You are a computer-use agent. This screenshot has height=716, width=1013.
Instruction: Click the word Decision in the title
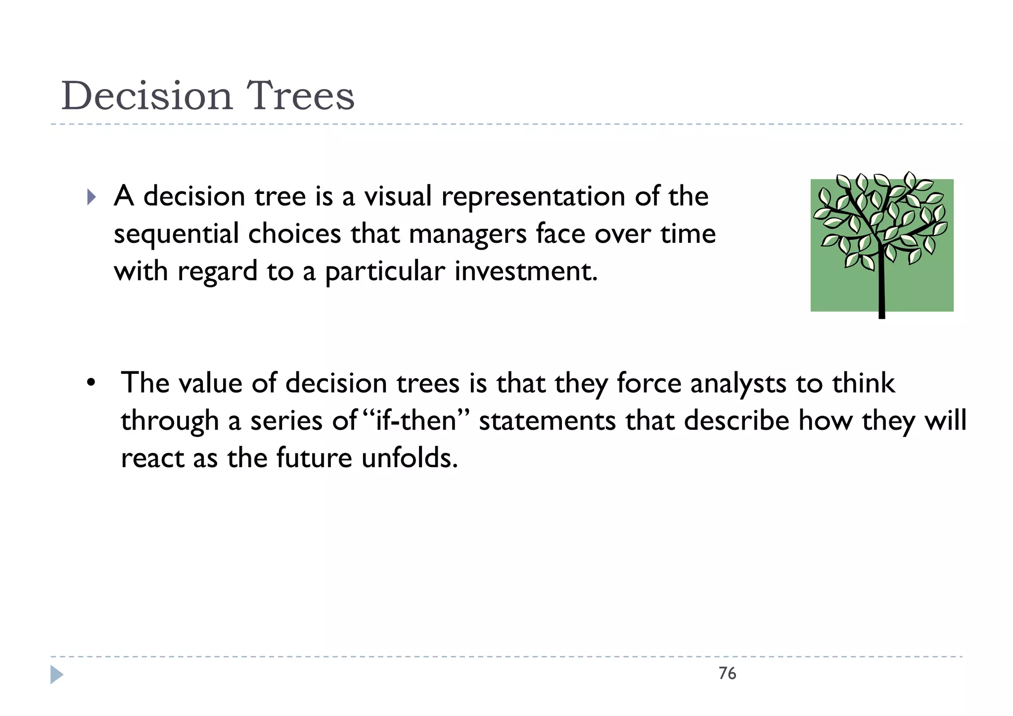tap(146, 96)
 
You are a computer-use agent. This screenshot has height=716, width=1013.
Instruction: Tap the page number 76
tap(727, 673)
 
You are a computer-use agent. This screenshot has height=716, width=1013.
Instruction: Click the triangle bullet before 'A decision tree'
tap(91, 197)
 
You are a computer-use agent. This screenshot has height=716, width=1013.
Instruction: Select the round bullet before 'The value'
tap(90, 384)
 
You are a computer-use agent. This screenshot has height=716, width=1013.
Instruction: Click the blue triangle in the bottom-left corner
tap(57, 675)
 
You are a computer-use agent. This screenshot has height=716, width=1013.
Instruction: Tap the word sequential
tap(176, 234)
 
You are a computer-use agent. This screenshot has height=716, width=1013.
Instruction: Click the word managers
tap(467, 234)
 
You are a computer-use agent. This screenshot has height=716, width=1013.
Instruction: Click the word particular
tap(385, 272)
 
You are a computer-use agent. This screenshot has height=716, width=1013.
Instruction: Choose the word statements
tap(547, 421)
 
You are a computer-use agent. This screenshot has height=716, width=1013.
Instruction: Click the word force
tap(649, 384)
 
